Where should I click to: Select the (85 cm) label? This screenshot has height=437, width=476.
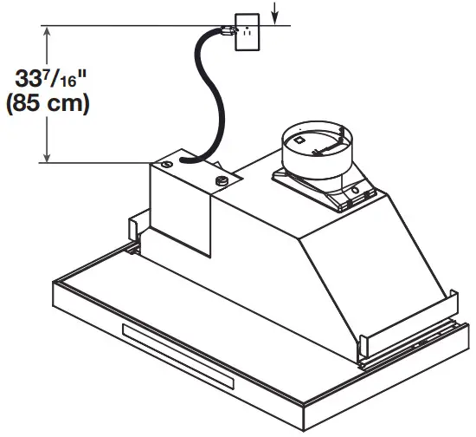(48, 106)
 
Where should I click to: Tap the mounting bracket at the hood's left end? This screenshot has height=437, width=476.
(134, 231)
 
